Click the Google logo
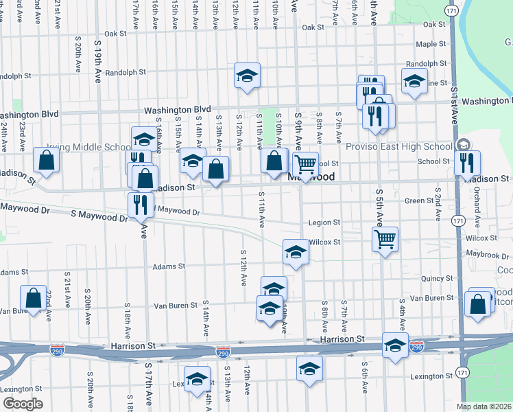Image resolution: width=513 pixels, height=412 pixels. click(x=22, y=404)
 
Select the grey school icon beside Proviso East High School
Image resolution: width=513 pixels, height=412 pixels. click(x=463, y=145)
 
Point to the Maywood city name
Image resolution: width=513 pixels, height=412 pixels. click(x=311, y=176)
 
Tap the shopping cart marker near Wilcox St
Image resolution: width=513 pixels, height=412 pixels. click(x=385, y=240)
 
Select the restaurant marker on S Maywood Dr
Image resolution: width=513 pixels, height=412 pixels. click(x=137, y=205)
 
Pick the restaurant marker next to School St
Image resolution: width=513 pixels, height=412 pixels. click(x=468, y=163)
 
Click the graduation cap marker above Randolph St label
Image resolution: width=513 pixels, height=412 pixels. click(x=247, y=76)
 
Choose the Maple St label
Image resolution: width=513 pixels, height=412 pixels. click(x=431, y=44)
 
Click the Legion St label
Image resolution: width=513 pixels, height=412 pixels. click(x=324, y=222)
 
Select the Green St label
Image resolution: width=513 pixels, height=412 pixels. click(x=416, y=201)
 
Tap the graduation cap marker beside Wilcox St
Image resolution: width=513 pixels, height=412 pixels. click(x=296, y=251)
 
